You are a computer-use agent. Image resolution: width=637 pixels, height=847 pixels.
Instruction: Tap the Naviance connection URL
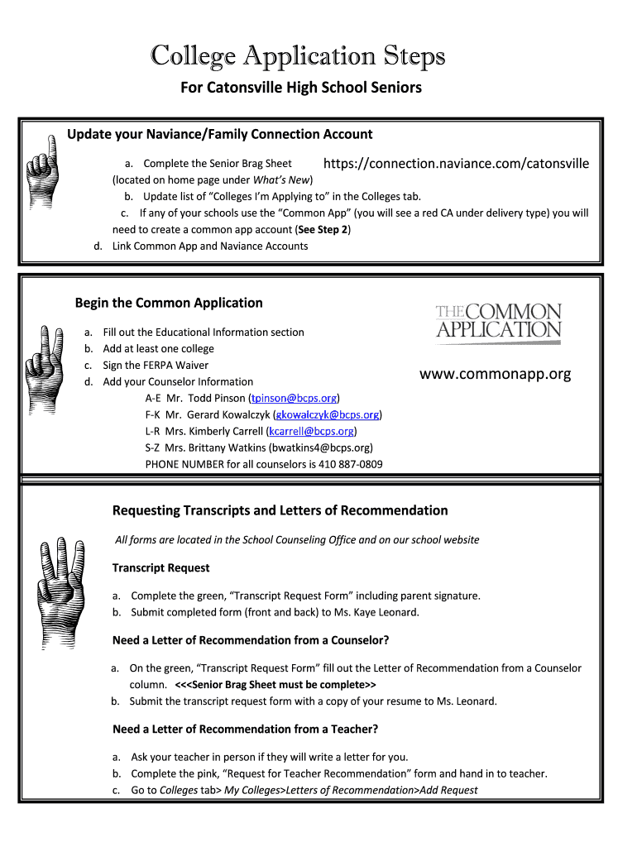(x=456, y=164)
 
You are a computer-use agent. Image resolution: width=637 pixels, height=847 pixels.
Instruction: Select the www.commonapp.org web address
(x=495, y=374)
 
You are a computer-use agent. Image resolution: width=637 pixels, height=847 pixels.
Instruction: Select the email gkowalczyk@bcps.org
(x=327, y=414)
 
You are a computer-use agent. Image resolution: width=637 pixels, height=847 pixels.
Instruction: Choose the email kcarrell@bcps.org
(x=312, y=431)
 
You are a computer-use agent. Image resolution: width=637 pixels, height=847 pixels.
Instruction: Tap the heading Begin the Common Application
(x=169, y=303)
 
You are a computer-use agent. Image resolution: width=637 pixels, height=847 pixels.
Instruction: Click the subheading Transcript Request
(x=160, y=567)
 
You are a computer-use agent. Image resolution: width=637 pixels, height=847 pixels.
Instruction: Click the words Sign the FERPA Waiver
(x=156, y=365)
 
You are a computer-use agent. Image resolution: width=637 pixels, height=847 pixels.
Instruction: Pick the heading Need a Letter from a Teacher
(x=245, y=729)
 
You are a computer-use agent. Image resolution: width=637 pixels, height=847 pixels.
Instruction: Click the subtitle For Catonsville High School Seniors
(x=301, y=87)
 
